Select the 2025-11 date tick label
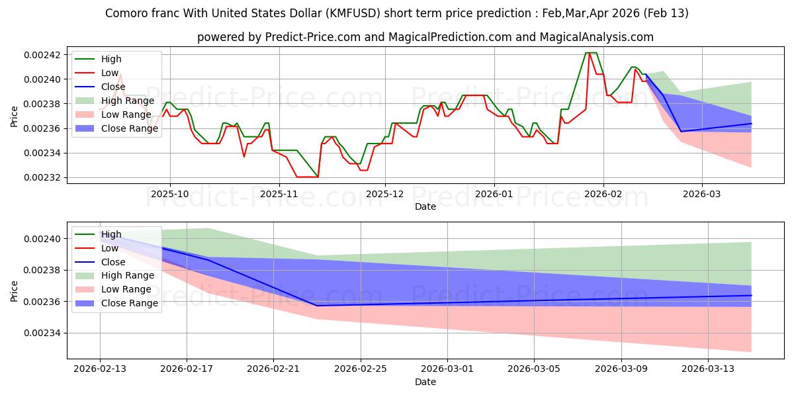pos(279,195)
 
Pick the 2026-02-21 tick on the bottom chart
pos(274,369)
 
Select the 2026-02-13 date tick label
pos(100,369)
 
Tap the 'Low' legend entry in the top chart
pos(110,73)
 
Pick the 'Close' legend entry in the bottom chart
pos(113,262)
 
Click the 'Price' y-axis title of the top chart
pos(15,116)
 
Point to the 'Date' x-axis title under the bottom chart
pos(425,382)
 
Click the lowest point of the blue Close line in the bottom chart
pos(317,306)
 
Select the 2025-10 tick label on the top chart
pos(170,195)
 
